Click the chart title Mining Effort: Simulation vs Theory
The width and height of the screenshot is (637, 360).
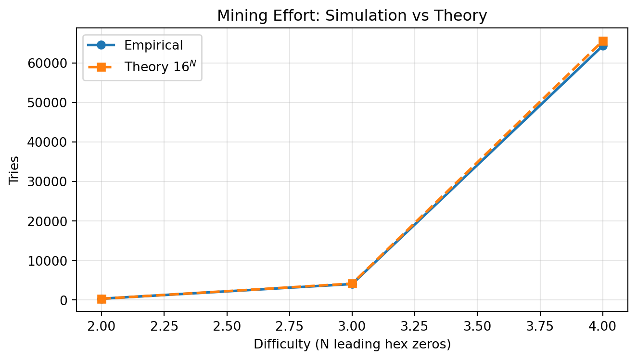352,16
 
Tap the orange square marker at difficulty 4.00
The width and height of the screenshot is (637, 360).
602,41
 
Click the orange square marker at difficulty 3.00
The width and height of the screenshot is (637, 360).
352,284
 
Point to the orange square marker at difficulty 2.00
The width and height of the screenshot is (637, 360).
102,299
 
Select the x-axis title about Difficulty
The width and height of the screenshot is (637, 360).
352,345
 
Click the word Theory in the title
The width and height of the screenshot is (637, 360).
463,16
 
